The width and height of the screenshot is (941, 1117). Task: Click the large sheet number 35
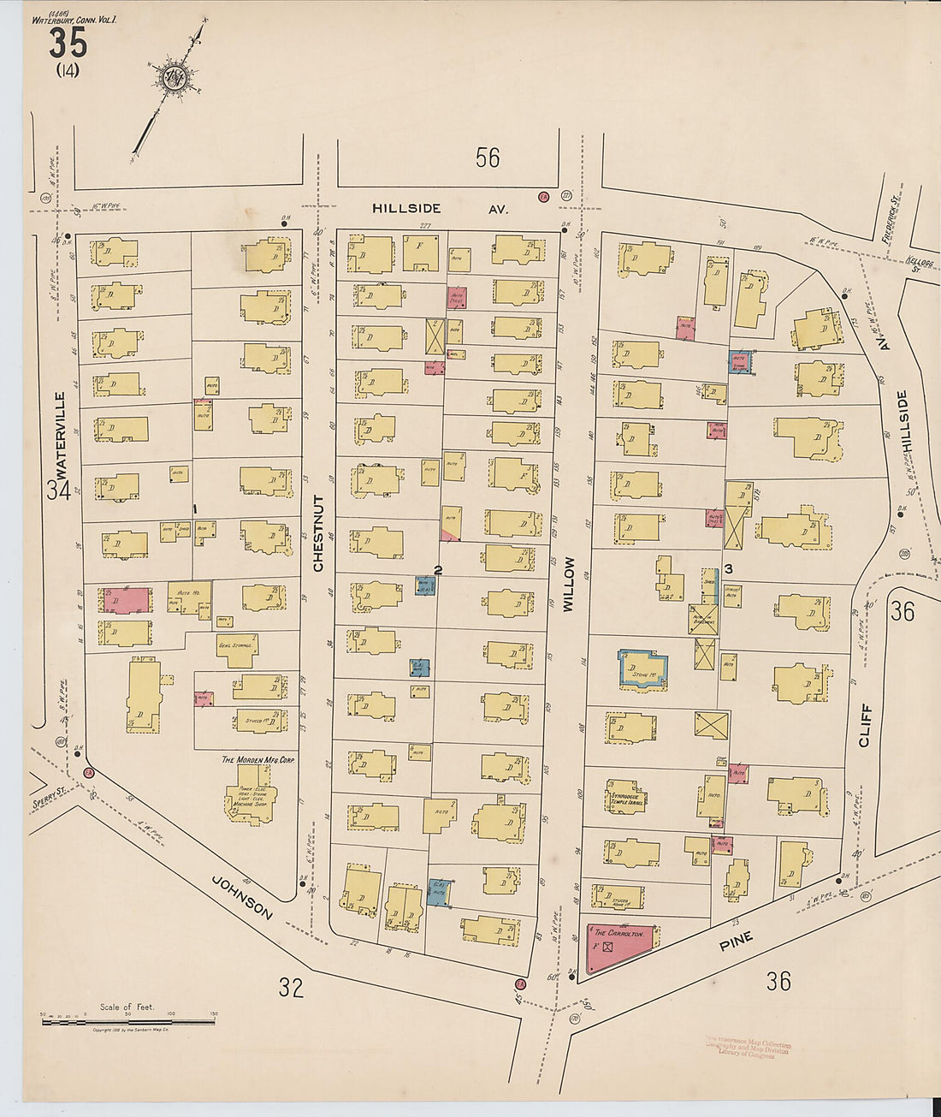[x=68, y=42]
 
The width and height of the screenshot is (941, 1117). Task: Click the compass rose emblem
[x=176, y=79]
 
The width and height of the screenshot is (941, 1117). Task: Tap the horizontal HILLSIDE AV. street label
[x=440, y=208]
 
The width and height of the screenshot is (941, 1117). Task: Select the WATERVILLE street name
[x=60, y=436]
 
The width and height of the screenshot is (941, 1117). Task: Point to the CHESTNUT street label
[x=318, y=533]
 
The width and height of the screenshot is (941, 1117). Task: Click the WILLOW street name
[x=568, y=585]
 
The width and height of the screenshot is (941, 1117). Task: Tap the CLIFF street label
[x=865, y=725]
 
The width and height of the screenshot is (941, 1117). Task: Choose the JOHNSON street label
[x=242, y=897]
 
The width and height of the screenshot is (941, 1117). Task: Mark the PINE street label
[x=736, y=942]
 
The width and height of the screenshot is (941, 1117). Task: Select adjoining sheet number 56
[x=487, y=157]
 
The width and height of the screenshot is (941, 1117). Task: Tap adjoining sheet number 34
[x=58, y=490]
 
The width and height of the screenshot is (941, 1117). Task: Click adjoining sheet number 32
[x=291, y=988]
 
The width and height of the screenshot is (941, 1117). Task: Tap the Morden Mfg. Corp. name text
[x=257, y=759]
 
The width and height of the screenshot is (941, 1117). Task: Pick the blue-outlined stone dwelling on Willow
[x=642, y=668]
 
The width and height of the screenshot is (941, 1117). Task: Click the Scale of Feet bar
[x=128, y=1020]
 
